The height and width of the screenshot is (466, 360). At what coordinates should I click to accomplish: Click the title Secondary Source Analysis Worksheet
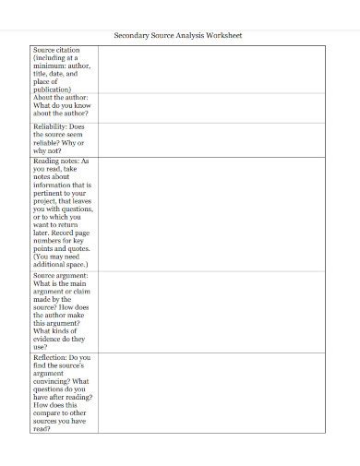point(177,35)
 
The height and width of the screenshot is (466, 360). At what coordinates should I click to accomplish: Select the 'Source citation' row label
point(56,49)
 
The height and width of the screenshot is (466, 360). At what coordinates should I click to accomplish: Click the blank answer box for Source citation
point(211,69)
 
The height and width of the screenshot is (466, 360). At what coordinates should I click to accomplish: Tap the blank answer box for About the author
point(211,107)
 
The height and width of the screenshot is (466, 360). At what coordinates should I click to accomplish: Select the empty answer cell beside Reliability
point(211,138)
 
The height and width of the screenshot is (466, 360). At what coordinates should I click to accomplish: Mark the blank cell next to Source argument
point(211,311)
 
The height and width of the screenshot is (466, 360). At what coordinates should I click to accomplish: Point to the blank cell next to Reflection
point(211,392)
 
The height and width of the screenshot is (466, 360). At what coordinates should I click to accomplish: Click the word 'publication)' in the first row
point(53,90)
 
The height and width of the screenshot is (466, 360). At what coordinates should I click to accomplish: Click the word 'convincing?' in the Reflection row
point(53,381)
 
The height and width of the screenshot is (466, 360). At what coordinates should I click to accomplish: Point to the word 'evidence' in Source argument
point(48,340)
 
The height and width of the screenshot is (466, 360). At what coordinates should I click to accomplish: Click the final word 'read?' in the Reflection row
point(42,429)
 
